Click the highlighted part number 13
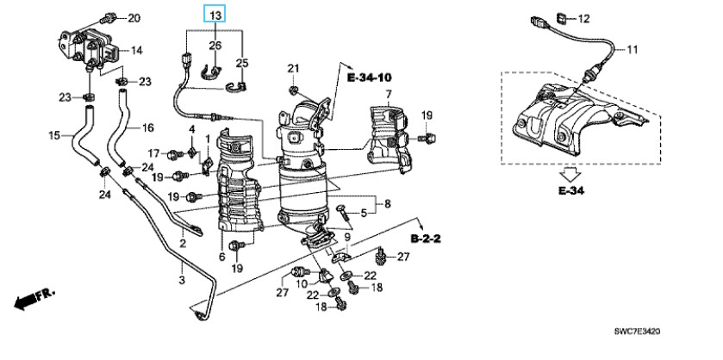(215, 16)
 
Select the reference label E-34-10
(369, 77)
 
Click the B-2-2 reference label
(426, 239)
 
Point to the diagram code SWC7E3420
(637, 332)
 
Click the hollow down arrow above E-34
(570, 175)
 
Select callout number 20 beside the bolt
(134, 18)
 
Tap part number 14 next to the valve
(136, 50)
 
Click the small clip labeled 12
(563, 18)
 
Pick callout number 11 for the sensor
(632, 49)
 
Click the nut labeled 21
(292, 90)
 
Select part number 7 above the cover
(389, 95)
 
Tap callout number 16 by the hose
(147, 127)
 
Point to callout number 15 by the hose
(54, 135)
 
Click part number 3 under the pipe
(182, 280)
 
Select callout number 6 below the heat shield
(221, 257)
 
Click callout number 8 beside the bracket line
(387, 202)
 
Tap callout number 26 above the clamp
(215, 45)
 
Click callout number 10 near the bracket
(302, 283)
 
